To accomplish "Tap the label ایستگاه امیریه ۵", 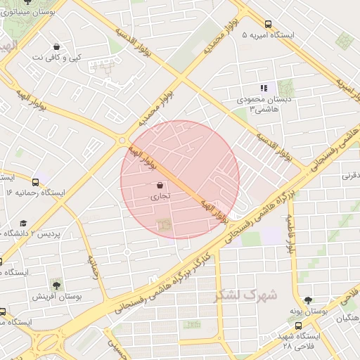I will click(270, 34).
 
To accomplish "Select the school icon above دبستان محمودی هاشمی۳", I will click(264, 88).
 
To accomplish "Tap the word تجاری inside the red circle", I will click(156, 198).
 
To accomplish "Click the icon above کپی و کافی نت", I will click(56, 47).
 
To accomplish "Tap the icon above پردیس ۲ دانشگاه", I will click(24, 222).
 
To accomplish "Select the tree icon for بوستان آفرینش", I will click(56, 285).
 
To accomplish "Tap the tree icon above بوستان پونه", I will click(307, 300).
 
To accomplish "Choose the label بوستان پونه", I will click(309, 311).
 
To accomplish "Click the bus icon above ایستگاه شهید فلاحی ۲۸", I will click(298, 326).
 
